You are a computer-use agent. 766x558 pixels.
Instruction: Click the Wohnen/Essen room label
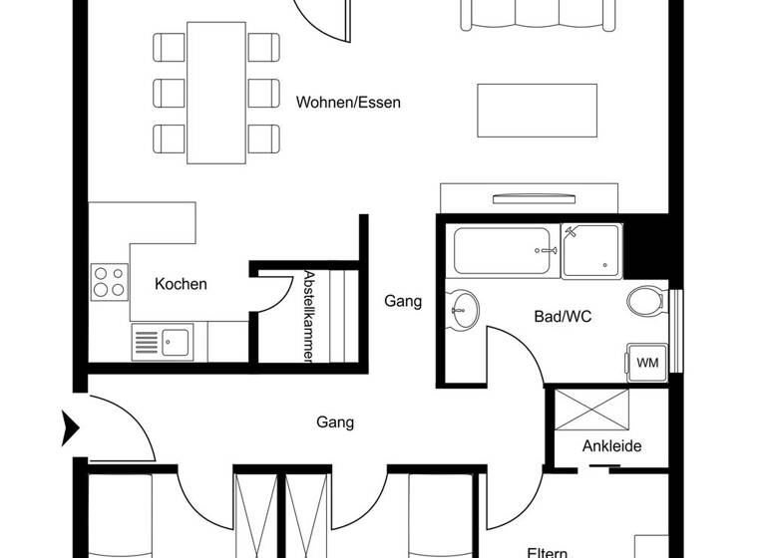348,102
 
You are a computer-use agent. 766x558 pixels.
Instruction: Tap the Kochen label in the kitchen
181,284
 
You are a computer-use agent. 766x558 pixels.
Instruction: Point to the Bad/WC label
563,317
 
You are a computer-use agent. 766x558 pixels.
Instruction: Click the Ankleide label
611,445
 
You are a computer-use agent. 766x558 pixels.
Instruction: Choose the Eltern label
548,551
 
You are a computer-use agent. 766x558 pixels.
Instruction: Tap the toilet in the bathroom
647,300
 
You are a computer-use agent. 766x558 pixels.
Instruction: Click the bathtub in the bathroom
505,252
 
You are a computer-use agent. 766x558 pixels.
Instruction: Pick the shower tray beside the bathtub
590,250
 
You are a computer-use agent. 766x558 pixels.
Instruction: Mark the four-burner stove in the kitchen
110,281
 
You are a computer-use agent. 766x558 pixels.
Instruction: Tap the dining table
216,92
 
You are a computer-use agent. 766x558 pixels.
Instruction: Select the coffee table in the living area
538,111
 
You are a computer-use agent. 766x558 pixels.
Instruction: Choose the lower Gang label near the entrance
335,422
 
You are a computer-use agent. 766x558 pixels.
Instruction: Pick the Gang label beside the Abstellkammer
403,301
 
